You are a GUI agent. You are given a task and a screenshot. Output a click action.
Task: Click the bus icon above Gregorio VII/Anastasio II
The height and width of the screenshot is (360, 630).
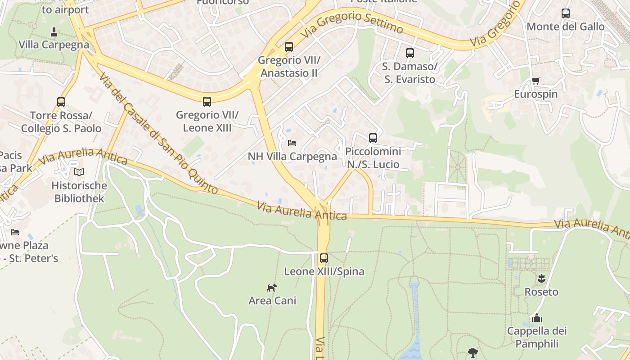pos(289,47)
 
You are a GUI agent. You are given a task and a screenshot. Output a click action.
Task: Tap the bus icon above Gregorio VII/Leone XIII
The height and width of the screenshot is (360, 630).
pos(207,102)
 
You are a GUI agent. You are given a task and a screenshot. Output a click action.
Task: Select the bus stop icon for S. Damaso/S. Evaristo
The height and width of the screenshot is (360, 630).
pos(409,53)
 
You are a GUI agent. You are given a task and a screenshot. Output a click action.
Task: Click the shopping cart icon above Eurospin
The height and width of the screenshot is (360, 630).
pos(535,81)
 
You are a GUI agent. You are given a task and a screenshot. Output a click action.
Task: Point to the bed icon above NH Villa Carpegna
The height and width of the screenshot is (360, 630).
pos(292,143)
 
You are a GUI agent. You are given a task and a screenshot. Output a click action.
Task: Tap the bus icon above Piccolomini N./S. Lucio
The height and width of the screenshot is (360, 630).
pos(373,138)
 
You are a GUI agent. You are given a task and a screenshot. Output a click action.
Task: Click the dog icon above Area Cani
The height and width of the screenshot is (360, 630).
pos(272,288)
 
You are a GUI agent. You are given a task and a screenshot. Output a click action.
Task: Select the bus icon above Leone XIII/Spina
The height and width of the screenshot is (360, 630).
pos(324,258)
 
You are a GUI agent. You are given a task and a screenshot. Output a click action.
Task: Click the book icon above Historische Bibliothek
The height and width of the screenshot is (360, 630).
pos(79,172)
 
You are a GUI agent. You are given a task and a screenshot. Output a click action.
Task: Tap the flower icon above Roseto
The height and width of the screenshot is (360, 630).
pos(541,279)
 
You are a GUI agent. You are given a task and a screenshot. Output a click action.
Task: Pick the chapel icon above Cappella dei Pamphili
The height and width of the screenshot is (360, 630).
pos(536,318)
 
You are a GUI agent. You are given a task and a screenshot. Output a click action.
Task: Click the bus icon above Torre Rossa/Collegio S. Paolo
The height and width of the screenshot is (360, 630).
pos(61,102)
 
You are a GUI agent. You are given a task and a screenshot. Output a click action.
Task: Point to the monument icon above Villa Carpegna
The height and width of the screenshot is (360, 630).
pos(54,32)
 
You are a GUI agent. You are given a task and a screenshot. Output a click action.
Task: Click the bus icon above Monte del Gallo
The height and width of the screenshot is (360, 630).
pos(566,13)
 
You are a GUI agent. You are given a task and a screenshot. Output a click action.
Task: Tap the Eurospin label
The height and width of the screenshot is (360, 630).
pos(535,94)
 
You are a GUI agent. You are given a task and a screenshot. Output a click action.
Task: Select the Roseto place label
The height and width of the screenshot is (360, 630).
pos(541,292)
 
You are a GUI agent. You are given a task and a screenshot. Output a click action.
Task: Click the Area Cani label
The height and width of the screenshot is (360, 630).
pos(272,301)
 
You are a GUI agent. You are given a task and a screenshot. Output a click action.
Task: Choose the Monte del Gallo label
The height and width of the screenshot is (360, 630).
pos(566,27)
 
